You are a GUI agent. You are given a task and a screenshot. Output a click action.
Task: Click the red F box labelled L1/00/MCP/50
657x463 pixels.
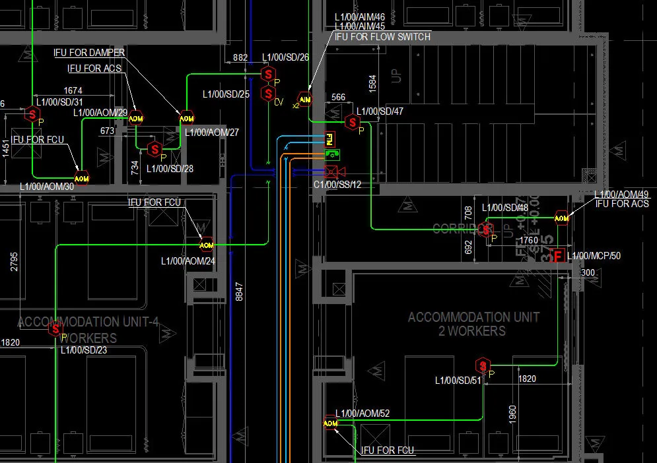click(x=558, y=255)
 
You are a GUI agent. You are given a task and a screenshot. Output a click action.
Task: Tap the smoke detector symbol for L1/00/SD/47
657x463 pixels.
click(x=353, y=122)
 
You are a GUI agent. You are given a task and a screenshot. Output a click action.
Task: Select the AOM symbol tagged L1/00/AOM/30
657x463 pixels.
click(x=81, y=178)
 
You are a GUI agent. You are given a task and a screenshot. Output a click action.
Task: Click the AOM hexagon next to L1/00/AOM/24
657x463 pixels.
click(x=207, y=245)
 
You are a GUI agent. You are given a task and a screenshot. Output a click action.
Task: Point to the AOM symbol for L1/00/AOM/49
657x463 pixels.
click(x=561, y=218)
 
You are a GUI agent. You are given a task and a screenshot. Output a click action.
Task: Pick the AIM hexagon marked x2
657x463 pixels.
click(x=304, y=99)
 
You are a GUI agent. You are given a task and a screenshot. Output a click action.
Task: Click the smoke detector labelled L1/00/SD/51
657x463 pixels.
click(x=483, y=365)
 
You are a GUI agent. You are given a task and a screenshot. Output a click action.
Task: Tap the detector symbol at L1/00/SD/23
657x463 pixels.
click(x=55, y=329)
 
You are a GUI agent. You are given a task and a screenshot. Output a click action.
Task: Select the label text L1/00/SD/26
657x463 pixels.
click(x=285, y=57)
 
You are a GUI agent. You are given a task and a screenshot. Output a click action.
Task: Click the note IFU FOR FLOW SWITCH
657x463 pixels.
click(x=382, y=37)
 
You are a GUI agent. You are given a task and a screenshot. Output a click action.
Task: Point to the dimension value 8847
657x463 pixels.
click(x=239, y=291)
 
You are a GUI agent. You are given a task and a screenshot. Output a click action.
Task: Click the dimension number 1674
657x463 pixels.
click(x=73, y=90)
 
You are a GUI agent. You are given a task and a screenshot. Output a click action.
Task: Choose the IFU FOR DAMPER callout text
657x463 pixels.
click(x=89, y=52)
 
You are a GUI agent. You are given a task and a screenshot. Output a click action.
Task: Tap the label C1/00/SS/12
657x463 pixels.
click(x=337, y=184)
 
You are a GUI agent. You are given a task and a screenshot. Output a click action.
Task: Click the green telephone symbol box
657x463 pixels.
click(x=331, y=154)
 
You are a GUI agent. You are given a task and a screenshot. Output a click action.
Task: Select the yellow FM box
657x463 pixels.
click(x=330, y=139)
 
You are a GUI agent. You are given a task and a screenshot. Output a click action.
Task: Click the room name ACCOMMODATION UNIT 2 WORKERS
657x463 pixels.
click(x=473, y=324)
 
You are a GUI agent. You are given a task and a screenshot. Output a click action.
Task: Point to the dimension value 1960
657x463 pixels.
click(x=512, y=414)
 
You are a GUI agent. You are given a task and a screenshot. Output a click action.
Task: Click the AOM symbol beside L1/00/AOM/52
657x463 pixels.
click(x=330, y=423)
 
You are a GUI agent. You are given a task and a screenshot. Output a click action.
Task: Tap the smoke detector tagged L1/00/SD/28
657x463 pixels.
click(x=155, y=149)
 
